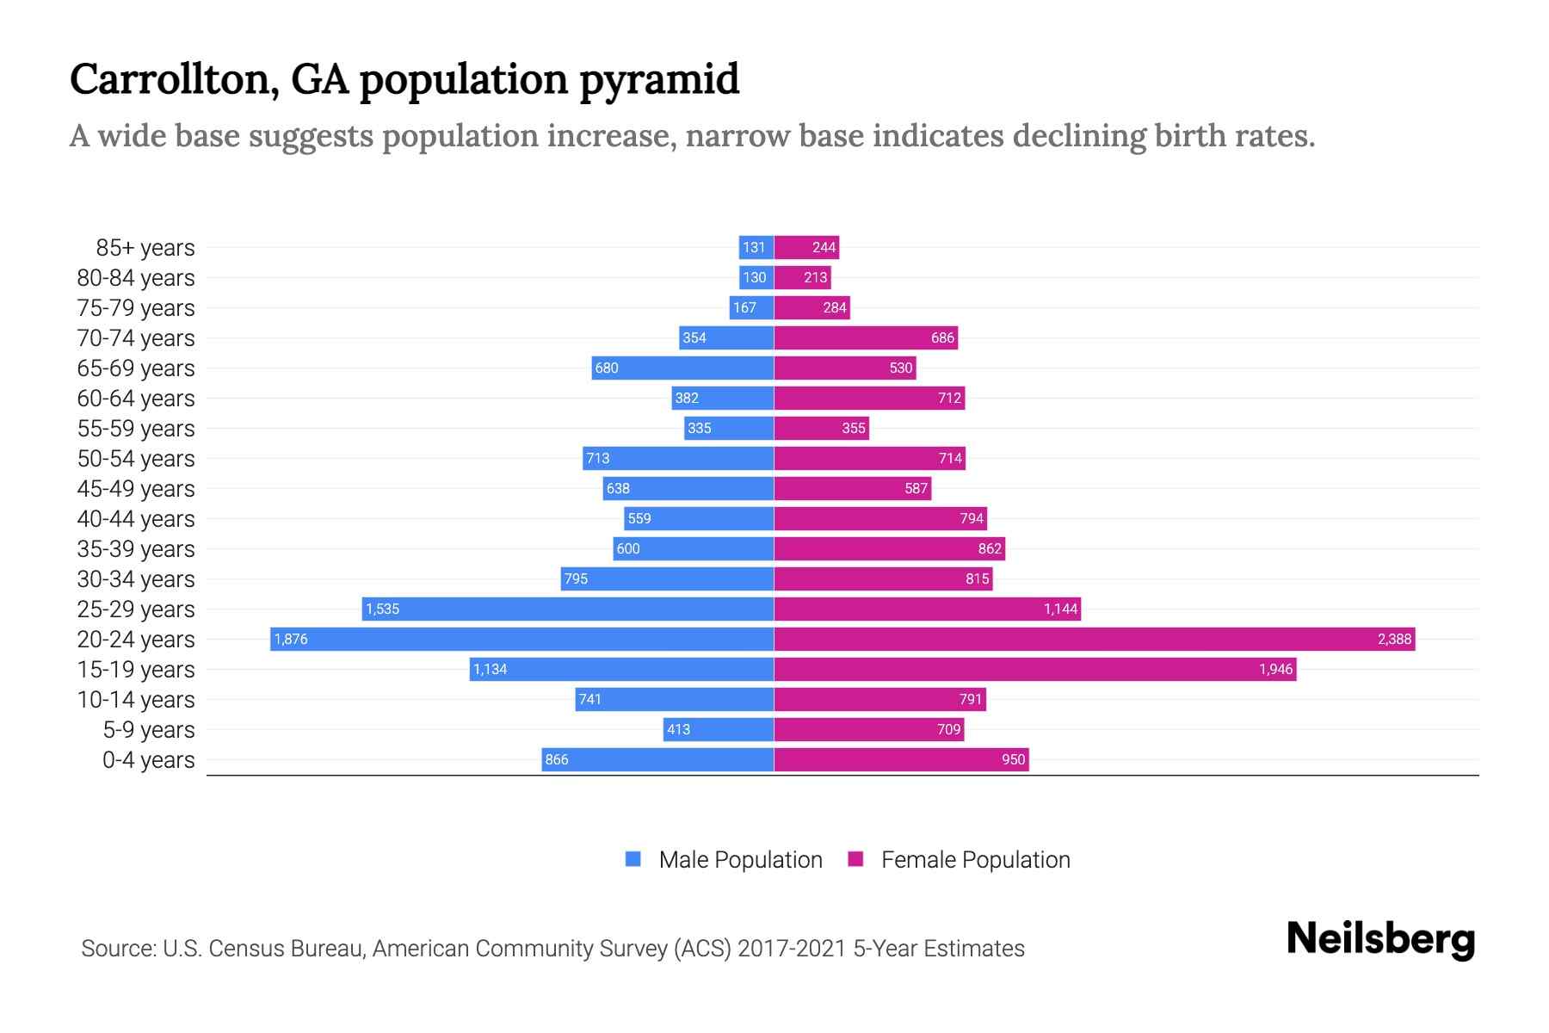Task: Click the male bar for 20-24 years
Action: point(521,639)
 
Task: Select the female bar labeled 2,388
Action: point(1094,639)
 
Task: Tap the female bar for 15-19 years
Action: point(1035,669)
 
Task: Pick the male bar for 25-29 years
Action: point(568,609)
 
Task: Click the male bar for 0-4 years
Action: point(657,759)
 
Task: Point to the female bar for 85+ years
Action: point(806,247)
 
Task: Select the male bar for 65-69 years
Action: point(682,368)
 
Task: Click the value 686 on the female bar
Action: point(942,337)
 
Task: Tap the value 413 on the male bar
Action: point(678,729)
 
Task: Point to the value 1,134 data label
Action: point(491,669)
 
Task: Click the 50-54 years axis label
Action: point(136,458)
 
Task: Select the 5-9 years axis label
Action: point(148,729)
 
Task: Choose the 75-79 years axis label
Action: point(136,307)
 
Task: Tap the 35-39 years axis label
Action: point(136,548)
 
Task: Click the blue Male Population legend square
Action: point(633,859)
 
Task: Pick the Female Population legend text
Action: point(975,859)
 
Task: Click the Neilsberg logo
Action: point(1380,938)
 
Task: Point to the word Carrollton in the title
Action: point(173,80)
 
